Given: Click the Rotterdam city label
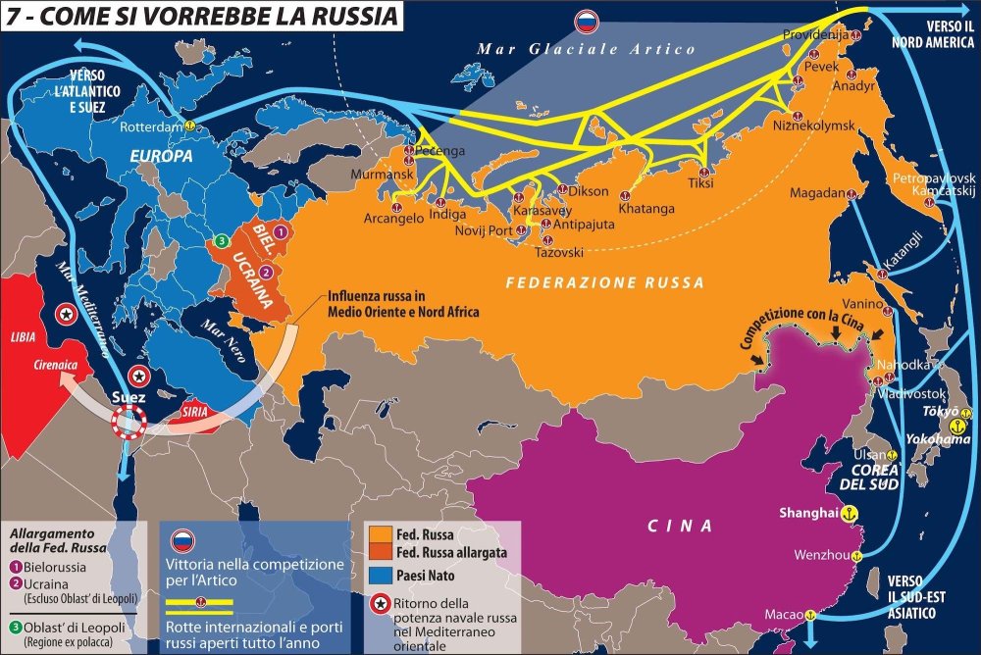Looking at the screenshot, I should pos(151,126).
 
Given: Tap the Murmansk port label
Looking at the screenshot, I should pos(382,174).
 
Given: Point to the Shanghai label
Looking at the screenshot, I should pos(808,512).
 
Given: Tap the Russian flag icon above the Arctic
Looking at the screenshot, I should pos(587,22).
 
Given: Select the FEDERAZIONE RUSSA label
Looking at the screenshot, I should pos(604,282).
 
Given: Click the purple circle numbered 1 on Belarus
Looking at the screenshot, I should pos(281,232).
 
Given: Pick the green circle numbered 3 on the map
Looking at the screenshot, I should pos(223,240).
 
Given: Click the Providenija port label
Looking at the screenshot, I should pos(814,35).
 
